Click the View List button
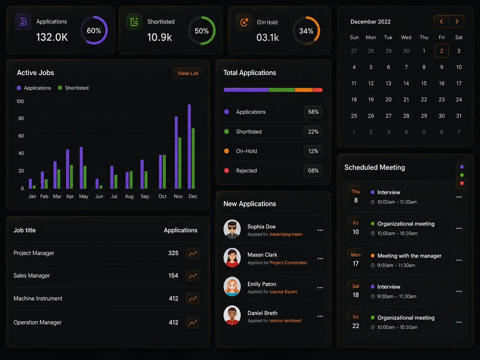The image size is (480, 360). click(x=188, y=73)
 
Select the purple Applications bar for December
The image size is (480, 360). click(x=189, y=147)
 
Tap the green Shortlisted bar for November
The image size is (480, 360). click(x=180, y=163)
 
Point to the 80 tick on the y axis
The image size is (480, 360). click(x=21, y=118)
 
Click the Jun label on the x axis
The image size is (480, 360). click(x=99, y=196)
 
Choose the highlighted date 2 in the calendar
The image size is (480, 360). click(x=442, y=51)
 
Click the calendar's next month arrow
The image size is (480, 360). click(x=456, y=22)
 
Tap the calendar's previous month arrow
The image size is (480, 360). click(x=441, y=22)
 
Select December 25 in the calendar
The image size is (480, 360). click(x=354, y=116)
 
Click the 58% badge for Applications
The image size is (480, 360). click(x=313, y=112)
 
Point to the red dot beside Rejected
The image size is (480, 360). click(x=226, y=170)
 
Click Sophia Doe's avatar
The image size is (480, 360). click(x=232, y=229)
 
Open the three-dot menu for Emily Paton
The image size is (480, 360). click(x=320, y=288)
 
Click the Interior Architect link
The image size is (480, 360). click(x=285, y=321)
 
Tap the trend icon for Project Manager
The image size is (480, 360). click(x=193, y=253)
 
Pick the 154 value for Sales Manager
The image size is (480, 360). click(x=173, y=275)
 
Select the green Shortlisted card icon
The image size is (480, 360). click(x=134, y=22)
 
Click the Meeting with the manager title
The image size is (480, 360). click(x=409, y=256)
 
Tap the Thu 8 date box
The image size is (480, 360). click(x=356, y=196)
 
